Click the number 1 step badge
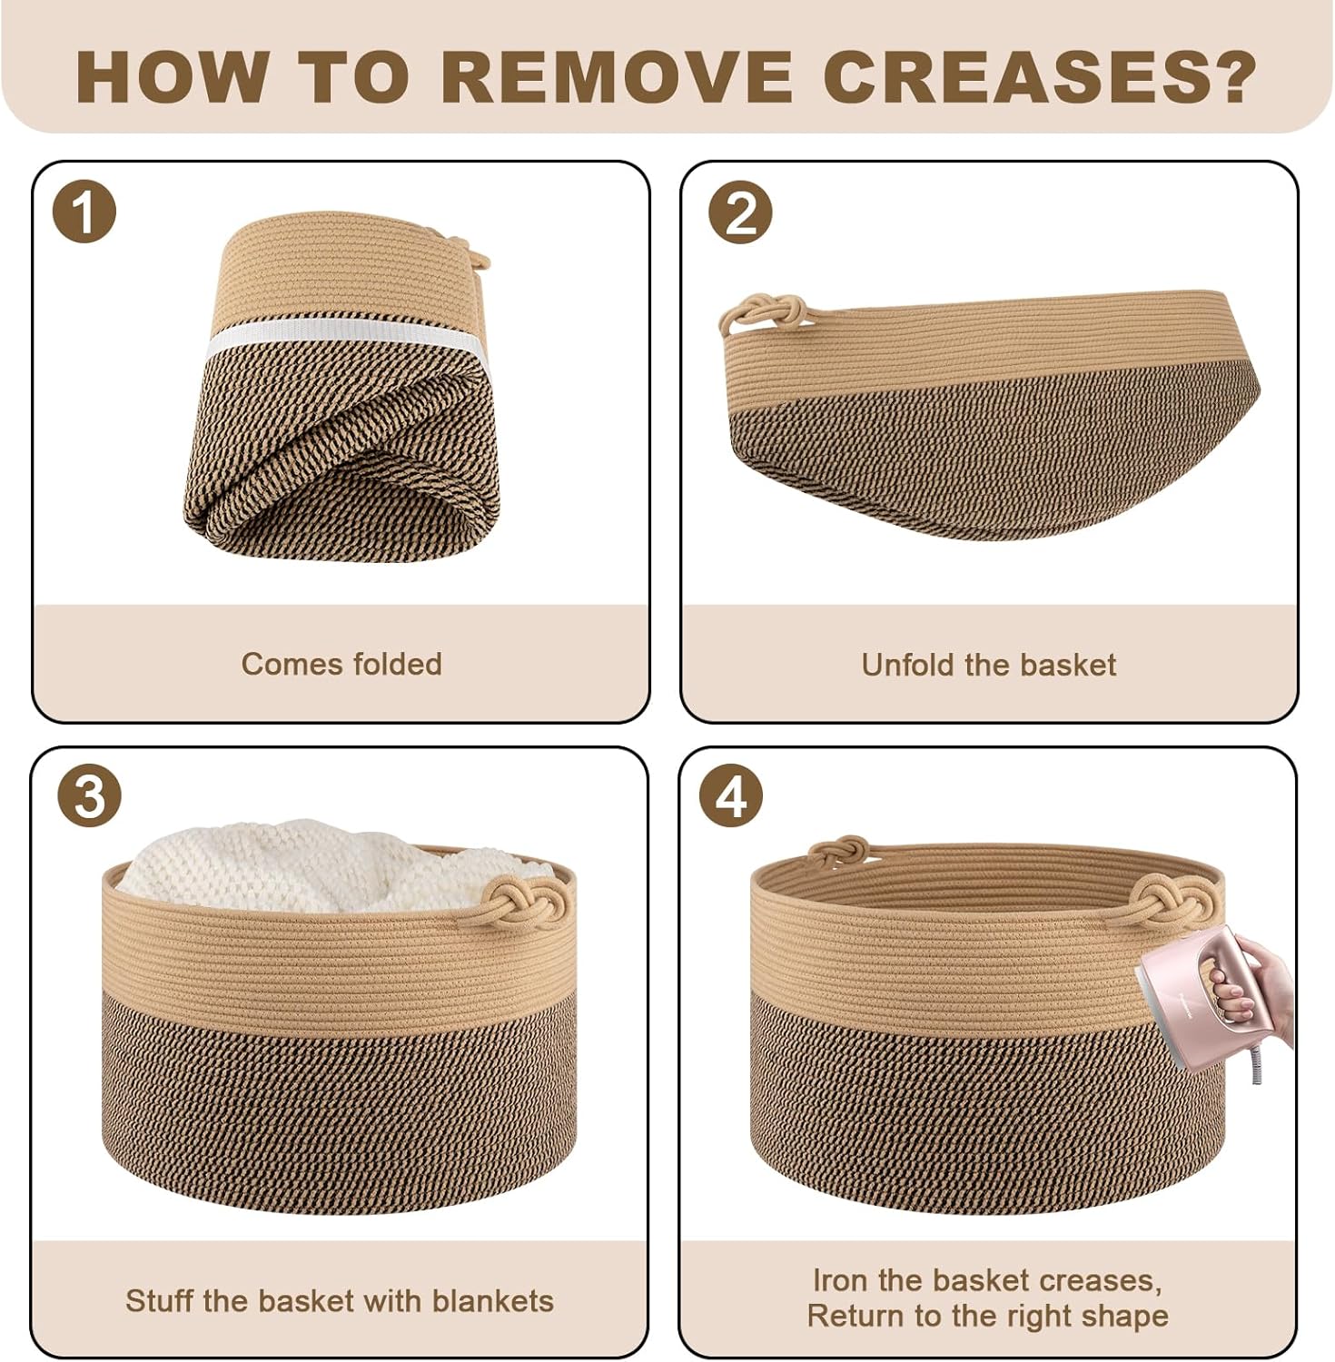(84, 212)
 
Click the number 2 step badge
(740, 212)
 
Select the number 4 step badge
(731, 796)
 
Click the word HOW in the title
(172, 77)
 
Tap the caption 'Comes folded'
(341, 664)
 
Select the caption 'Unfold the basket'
(988, 665)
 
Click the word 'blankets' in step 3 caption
(493, 1300)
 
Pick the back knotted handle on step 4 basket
(837, 851)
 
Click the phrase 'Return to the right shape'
(988, 1316)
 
